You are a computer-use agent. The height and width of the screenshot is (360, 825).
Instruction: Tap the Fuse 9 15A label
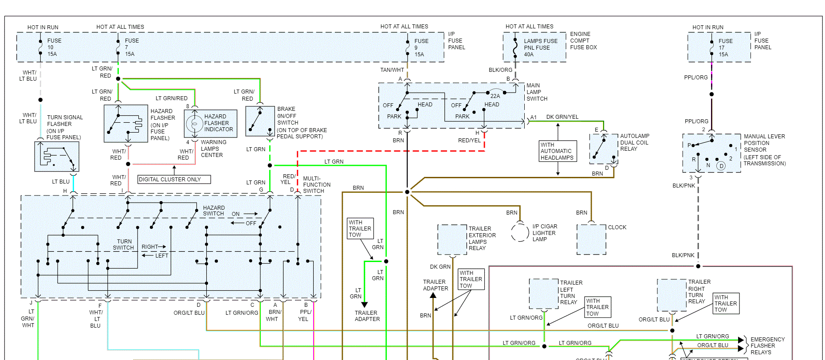[421, 48]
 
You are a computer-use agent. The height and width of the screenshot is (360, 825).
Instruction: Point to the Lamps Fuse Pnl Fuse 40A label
[540, 48]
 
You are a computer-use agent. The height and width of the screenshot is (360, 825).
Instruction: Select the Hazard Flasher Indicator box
[211, 123]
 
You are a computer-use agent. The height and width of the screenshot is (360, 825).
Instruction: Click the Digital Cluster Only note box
[174, 180]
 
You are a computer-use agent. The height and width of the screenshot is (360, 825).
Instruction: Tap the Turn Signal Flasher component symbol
[57, 156]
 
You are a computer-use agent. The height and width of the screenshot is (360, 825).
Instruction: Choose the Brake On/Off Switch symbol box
[260, 121]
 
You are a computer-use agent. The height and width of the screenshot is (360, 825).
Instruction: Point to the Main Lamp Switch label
[537, 92]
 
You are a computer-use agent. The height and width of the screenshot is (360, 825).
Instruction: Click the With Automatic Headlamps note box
[558, 151]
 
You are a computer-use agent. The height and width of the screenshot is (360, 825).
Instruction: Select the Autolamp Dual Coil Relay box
[604, 149]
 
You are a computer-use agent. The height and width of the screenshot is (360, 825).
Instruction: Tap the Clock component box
[591, 239]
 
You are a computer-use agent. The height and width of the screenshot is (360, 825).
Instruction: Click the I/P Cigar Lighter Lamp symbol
[520, 232]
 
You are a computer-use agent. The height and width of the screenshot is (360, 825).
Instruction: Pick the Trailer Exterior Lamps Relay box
[452, 239]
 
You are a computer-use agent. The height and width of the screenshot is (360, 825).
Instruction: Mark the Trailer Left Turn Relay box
[544, 293]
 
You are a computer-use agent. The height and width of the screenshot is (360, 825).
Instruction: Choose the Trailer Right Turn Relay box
[672, 295]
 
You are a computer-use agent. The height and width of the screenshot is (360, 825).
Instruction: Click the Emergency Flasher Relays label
[767, 346]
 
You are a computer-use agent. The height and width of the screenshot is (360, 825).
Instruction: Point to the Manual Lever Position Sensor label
[764, 150]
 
